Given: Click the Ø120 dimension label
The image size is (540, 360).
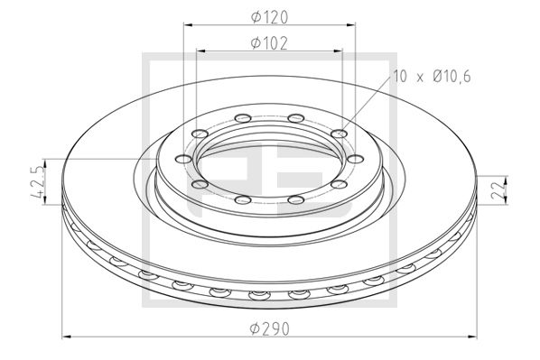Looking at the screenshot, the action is pyautogui.click(x=269, y=17).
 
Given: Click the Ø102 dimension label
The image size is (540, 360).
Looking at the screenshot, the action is pyautogui.click(x=269, y=43).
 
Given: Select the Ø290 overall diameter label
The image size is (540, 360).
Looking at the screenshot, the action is pyautogui.click(x=270, y=329).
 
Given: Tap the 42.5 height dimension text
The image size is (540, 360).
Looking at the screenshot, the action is pyautogui.click(x=38, y=182).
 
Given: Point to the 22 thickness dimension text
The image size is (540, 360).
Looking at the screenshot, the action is pyautogui.click(x=497, y=190).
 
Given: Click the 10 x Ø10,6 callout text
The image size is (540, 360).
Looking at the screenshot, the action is pyautogui.click(x=433, y=77).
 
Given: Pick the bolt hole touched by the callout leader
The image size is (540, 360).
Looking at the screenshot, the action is pyautogui.click(x=340, y=134).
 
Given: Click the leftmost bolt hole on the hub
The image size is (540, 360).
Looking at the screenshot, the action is pyautogui.click(x=183, y=159).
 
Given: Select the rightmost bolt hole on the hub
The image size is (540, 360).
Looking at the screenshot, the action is pyautogui.click(x=356, y=159).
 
